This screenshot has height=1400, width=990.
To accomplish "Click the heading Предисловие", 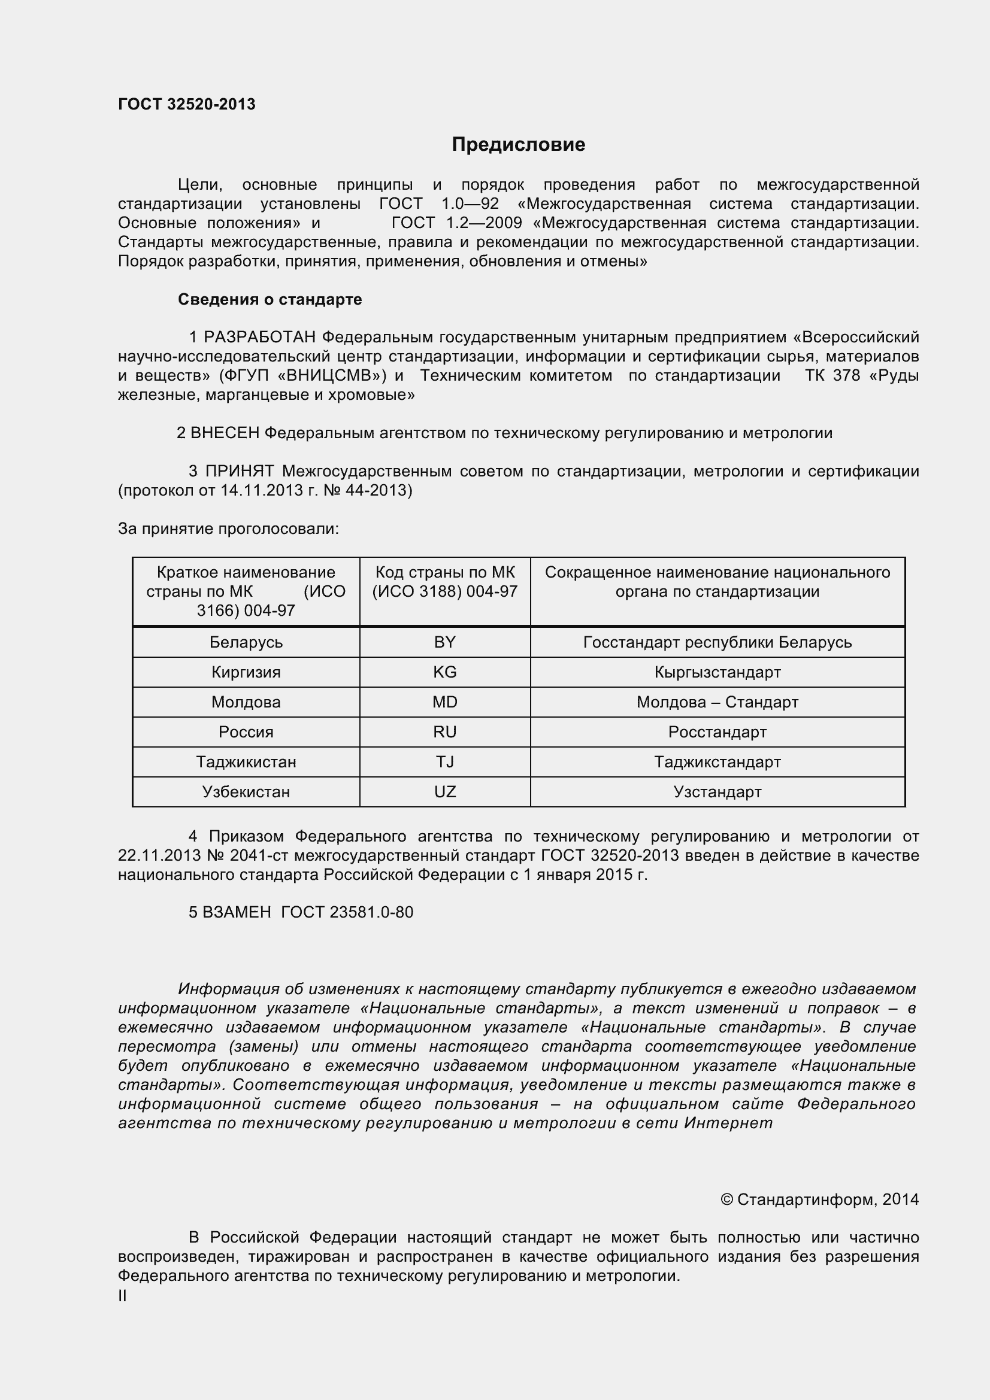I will [519, 144].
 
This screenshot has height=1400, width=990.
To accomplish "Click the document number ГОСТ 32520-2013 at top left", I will [187, 105].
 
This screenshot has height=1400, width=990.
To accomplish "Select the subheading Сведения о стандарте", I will [270, 299].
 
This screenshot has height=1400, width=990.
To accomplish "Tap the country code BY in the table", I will [444, 642].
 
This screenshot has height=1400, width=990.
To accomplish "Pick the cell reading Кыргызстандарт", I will [717, 672].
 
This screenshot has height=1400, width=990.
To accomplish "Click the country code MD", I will [444, 702].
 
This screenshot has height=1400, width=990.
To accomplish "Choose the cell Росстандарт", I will [717, 731].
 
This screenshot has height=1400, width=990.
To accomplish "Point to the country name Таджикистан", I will [246, 761].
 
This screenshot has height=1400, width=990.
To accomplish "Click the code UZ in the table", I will [444, 791].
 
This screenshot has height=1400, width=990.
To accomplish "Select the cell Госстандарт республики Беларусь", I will [717, 642].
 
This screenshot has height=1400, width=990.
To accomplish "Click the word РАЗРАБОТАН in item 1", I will [259, 337].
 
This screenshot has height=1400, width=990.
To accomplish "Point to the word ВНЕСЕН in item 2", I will [225, 433].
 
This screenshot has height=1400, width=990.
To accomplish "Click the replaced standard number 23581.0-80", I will [371, 912].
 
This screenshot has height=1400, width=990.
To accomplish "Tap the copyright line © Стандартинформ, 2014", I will [819, 1199].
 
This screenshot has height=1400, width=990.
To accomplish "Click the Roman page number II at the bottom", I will [123, 1296].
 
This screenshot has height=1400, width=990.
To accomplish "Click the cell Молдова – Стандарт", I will [717, 702].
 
